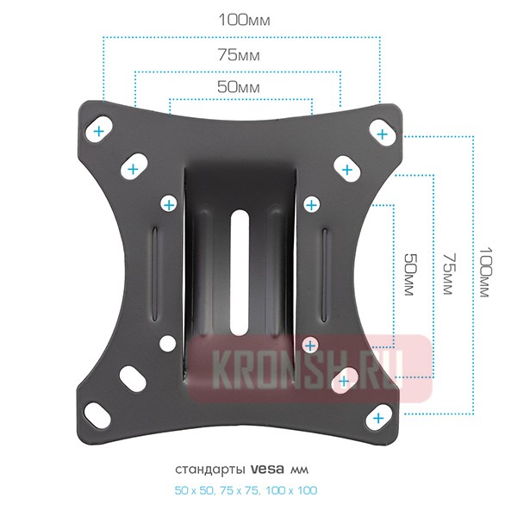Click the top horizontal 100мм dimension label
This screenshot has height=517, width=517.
[245, 20]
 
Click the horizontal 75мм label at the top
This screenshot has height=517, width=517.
[239, 55]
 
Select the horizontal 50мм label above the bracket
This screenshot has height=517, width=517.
[239, 87]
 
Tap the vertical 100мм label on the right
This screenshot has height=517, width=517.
[486, 272]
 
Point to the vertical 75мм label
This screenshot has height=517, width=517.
[449, 273]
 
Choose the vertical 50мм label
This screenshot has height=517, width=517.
[411, 274]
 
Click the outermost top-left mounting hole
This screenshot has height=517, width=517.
[99, 129]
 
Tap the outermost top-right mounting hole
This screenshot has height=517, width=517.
[383, 133]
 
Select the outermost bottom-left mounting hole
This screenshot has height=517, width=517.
[97, 414]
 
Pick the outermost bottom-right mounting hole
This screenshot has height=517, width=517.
[380, 416]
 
